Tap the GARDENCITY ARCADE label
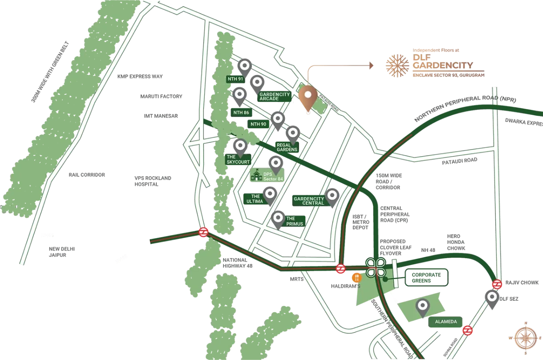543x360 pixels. pyautogui.click(x=275, y=96)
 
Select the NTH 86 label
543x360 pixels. pyautogui.click(x=241, y=113)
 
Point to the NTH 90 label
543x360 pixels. pyautogui.click(x=258, y=124)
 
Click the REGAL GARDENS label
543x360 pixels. pyautogui.click(x=287, y=147)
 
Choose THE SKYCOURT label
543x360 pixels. pyautogui.click(x=239, y=159)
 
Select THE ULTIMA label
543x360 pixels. pyautogui.click(x=255, y=198)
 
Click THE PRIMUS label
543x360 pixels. pyautogui.click(x=294, y=221)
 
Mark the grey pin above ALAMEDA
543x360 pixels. pyautogui.click(x=422, y=307)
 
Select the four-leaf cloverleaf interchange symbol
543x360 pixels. pyautogui.click(x=376, y=267)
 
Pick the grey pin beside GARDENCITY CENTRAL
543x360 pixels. pyautogui.click(x=332, y=195)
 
